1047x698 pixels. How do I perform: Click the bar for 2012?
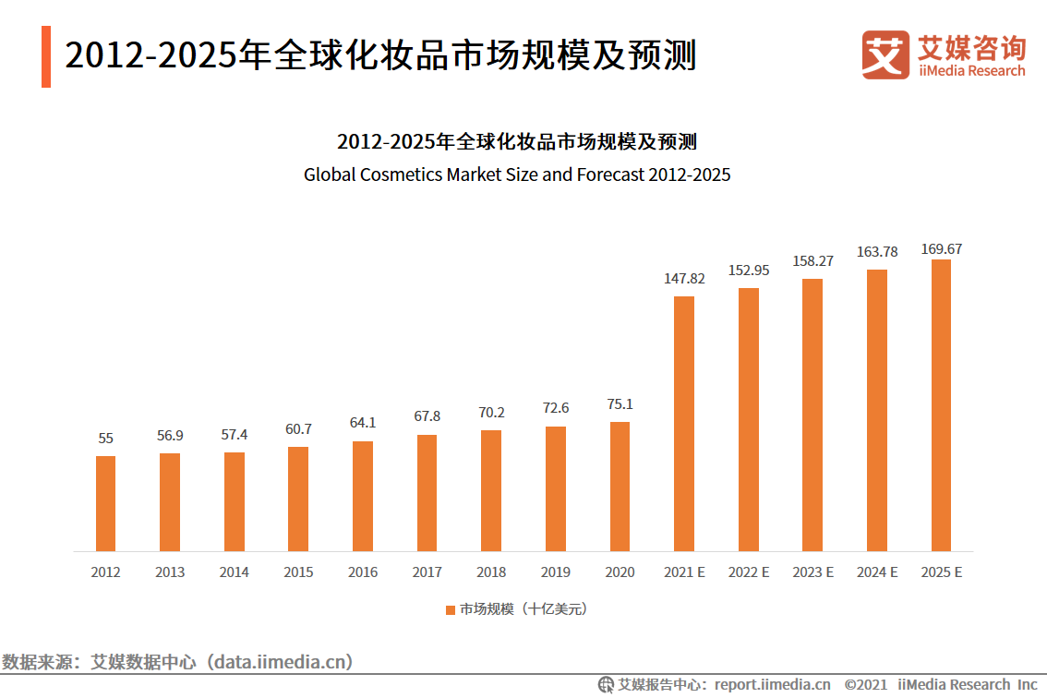click(x=105, y=503)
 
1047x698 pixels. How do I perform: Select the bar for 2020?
click(x=620, y=487)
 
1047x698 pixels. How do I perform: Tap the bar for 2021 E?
click(x=684, y=424)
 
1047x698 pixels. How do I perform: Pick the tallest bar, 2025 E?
click(x=941, y=405)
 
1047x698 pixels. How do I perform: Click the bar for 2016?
click(x=363, y=496)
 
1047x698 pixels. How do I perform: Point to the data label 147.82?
click(x=684, y=278)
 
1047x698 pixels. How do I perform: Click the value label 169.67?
click(x=941, y=249)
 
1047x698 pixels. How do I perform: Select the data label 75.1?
click(x=620, y=404)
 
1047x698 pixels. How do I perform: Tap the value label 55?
click(x=105, y=439)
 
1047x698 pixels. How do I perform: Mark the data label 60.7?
click(x=298, y=429)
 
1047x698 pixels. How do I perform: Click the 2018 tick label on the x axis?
click(x=491, y=572)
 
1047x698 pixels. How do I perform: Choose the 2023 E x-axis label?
click(x=812, y=572)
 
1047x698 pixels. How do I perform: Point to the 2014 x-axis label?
click(x=234, y=572)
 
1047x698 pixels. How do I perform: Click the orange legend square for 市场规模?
click(x=451, y=609)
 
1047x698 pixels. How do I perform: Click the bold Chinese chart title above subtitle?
click(x=517, y=142)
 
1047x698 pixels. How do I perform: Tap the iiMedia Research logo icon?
click(x=885, y=54)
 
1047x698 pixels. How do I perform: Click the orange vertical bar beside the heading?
click(x=46, y=56)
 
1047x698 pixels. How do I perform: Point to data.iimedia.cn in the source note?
click(x=281, y=661)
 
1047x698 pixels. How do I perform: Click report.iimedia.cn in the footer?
click(x=772, y=684)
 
